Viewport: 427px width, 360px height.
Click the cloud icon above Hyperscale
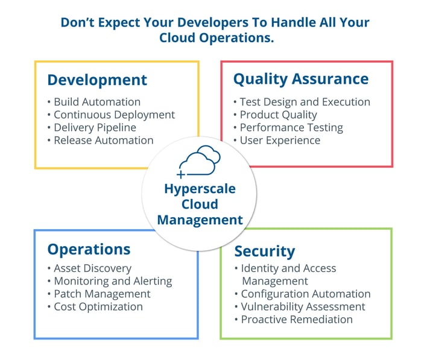(200, 160)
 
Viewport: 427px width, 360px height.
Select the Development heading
(97, 80)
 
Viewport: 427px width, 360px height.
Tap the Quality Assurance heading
(301, 79)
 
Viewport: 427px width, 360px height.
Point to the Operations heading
(89, 250)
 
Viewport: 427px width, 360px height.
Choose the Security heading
(265, 251)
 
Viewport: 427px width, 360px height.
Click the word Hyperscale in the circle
(200, 189)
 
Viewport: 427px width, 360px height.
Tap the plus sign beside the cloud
(181, 174)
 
